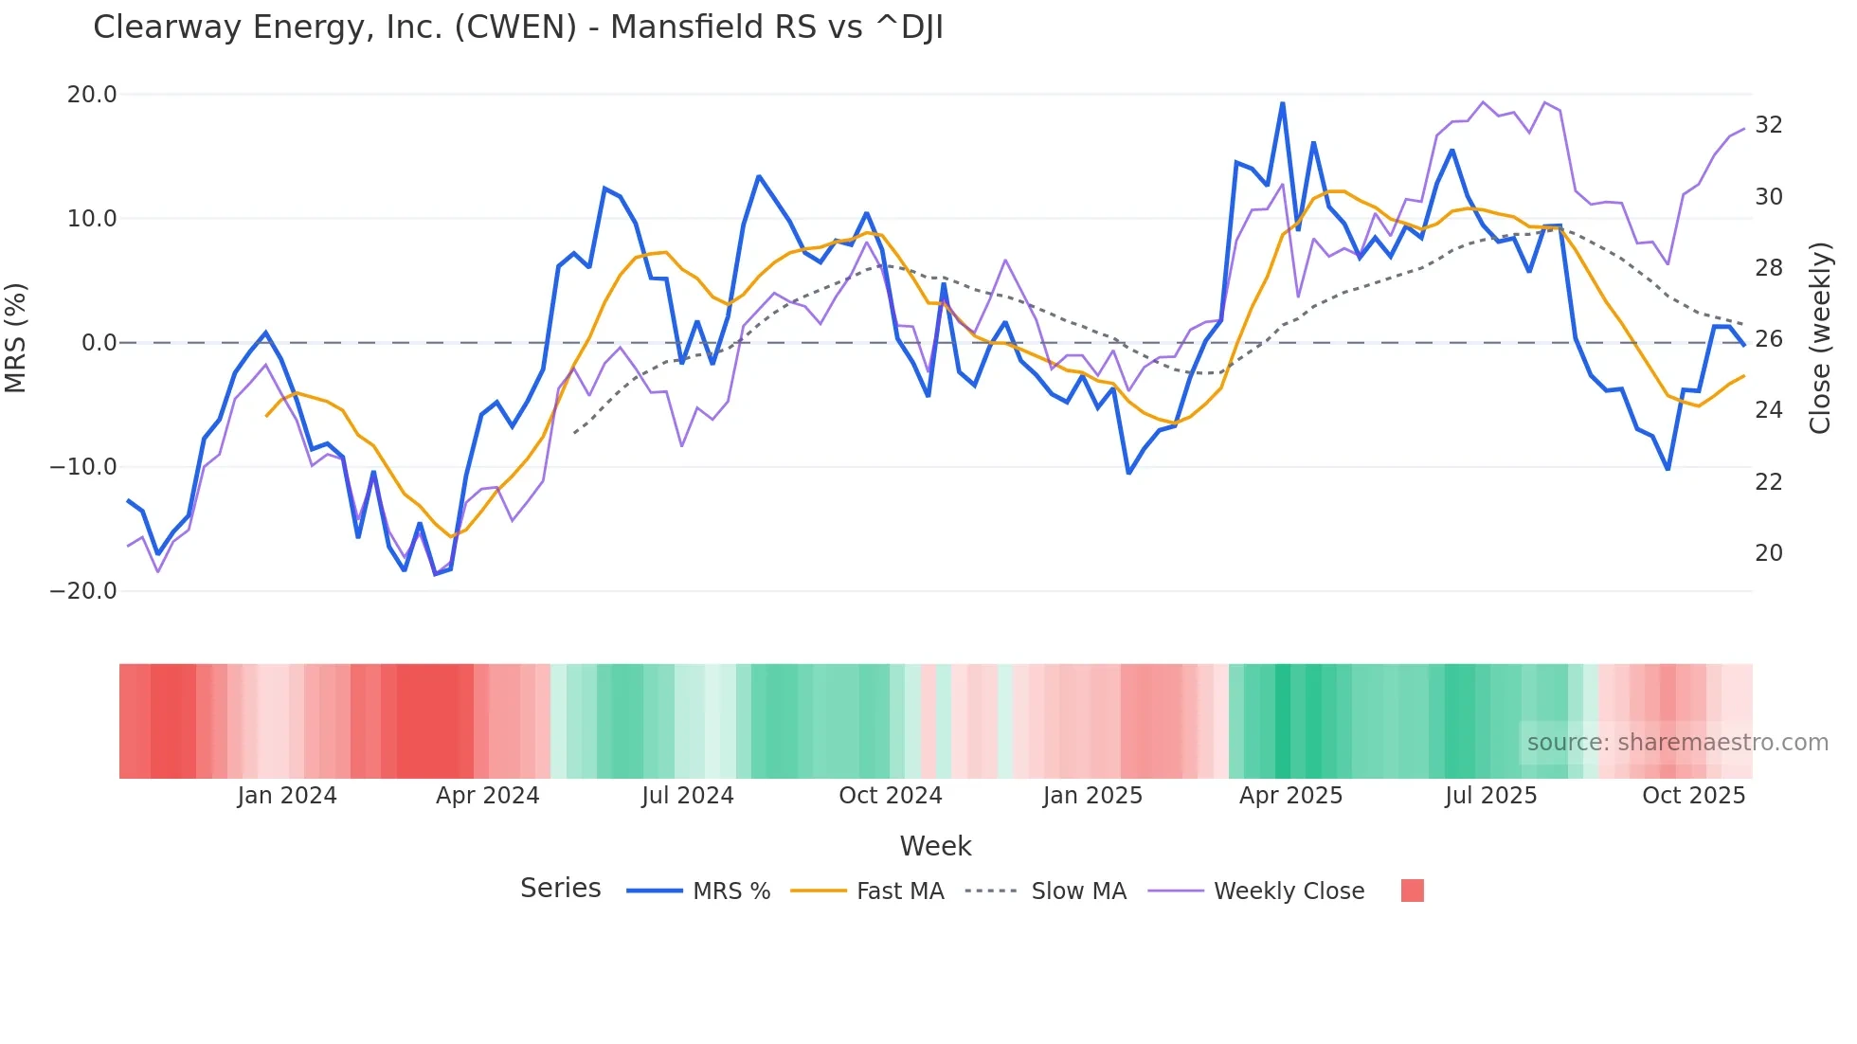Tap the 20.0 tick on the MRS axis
tap(92, 95)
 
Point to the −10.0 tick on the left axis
tap(83, 467)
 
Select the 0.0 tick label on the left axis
tap(99, 343)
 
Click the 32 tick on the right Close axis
tap(1768, 125)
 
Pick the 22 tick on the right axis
tap(1768, 482)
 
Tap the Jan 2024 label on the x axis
tap(287, 796)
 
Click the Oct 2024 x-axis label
tap(891, 796)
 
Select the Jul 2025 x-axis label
tap(1491, 796)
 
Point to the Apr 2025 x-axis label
tap(1290, 796)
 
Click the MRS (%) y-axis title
tap(16, 338)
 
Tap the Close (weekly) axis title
tap(1820, 338)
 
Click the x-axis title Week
tap(935, 846)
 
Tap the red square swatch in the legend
tap(1412, 891)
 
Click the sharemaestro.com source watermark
tap(1677, 743)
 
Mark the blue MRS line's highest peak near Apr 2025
tap(1282, 103)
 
